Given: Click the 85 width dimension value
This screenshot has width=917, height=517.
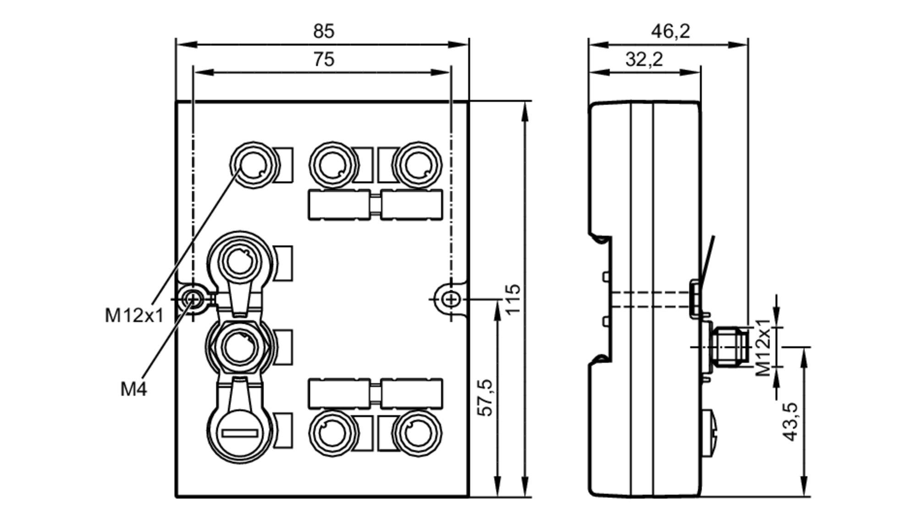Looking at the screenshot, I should pos(323,31).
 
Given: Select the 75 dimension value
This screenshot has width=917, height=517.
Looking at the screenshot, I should pos(323,60).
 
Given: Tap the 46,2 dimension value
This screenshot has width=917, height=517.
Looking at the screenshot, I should pos(670,31).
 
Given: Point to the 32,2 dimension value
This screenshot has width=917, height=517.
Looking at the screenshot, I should pos(644,60).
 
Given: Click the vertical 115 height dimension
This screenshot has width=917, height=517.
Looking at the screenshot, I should pos(513,299).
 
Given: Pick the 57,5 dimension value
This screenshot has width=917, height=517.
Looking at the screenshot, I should pos(485,398).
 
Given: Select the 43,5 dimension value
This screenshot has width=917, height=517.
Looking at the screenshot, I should pos(790,422).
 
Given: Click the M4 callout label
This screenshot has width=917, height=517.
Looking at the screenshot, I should pos(133,389).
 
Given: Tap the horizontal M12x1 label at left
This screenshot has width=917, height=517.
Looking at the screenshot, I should pos(134,316).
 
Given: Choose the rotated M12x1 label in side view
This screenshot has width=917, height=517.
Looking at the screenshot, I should pos(763,347).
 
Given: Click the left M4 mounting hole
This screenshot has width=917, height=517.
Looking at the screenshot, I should pos(193,300).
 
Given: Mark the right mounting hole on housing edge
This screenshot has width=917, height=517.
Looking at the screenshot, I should pos(451,300).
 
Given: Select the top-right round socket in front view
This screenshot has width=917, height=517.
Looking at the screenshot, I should pos(417,165).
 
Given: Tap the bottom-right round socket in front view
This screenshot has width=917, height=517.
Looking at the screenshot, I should pos(417,433).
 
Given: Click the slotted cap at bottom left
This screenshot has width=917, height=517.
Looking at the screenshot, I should pos(240,433).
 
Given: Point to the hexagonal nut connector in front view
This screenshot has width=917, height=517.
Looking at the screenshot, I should pos(240,347).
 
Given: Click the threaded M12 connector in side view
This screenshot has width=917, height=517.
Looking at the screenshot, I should pos(729,347).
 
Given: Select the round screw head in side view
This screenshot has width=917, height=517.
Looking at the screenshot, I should pos(711,433).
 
